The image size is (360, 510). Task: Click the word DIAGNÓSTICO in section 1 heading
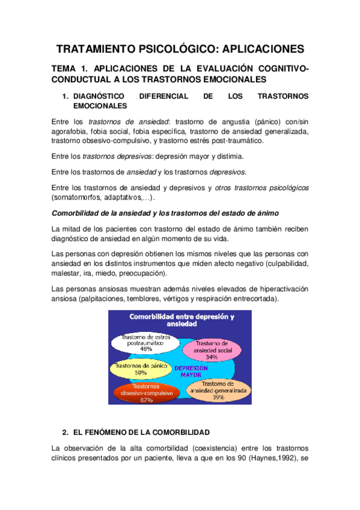[x=98, y=96]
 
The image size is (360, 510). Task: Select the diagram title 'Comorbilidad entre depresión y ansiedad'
[x=180, y=319]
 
